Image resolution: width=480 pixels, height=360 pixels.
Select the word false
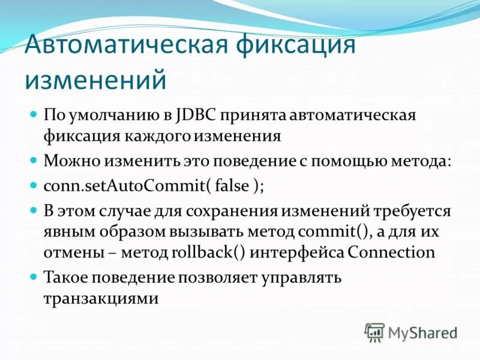tap(232, 185)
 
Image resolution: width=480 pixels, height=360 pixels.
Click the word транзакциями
tap(101, 298)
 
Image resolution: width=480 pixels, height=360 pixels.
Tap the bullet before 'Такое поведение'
tap(34, 278)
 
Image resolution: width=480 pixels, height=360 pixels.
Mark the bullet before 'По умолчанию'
tap(34, 114)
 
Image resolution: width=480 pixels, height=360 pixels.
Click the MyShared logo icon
tap(374, 331)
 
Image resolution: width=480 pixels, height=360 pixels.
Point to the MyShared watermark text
tap(422, 332)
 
